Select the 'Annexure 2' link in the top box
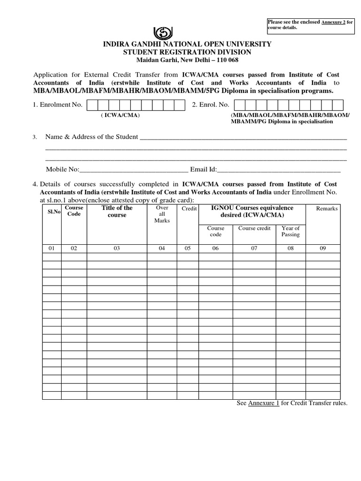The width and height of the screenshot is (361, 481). point(333,22)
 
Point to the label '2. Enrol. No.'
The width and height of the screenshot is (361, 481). point(210,105)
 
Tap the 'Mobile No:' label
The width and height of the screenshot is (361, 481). point(63,169)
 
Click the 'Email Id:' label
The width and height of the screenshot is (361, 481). point(203,169)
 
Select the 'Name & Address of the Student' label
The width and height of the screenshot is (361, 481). point(92,137)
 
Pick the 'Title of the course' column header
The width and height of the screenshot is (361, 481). point(117,211)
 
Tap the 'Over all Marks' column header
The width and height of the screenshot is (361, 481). point(162,214)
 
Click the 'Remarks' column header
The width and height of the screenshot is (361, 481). point(326,209)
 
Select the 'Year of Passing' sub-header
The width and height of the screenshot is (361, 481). point(290,231)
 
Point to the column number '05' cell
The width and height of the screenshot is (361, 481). point(188,249)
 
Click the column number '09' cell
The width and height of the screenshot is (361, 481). point(322,249)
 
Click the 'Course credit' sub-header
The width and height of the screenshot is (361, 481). point(254,228)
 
